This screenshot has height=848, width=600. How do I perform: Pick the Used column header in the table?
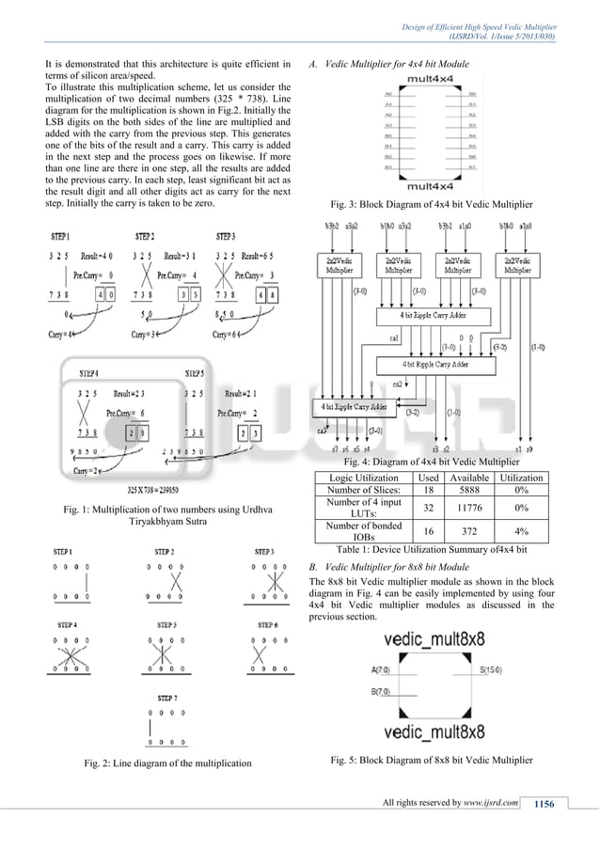click(x=428, y=478)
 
